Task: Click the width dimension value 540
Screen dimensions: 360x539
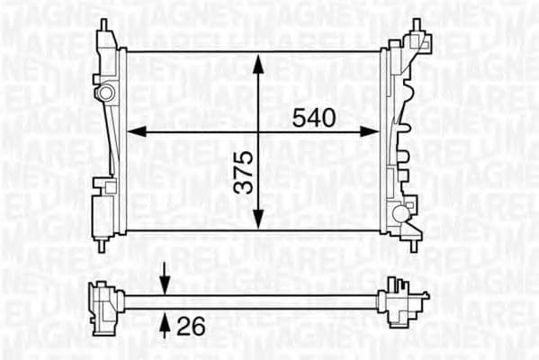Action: (313, 117)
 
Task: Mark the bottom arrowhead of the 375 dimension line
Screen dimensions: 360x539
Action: (258, 221)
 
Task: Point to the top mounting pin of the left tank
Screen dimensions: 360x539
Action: (103, 25)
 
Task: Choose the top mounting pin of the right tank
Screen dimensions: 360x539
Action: (417, 24)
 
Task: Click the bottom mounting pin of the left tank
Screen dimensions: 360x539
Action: (103, 243)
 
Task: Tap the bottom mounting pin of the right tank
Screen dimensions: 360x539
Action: (414, 244)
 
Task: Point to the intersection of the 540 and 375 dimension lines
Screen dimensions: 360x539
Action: (258, 131)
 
